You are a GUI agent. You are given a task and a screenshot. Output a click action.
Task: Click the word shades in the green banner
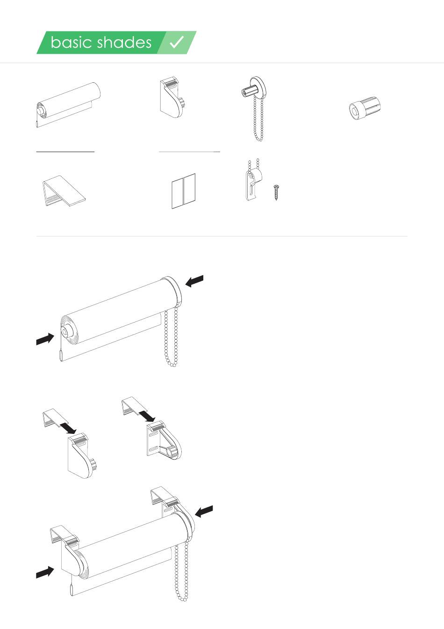tap(124, 43)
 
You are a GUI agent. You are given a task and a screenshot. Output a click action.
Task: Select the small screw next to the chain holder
tap(276, 192)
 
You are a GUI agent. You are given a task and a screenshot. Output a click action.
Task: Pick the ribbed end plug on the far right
tap(365, 108)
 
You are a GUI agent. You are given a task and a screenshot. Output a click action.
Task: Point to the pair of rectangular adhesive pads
tap(183, 191)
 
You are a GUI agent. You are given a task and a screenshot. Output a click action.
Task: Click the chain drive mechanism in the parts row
tap(254, 108)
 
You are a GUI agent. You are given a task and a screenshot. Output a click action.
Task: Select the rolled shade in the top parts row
tap(68, 105)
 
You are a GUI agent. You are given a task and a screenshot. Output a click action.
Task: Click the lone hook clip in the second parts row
tap(64, 190)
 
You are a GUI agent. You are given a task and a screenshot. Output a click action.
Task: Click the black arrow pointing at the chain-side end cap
tap(194, 281)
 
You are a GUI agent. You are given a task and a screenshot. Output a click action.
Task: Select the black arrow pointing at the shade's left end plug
tap(45, 339)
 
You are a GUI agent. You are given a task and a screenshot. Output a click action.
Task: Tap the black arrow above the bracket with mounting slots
tap(148, 416)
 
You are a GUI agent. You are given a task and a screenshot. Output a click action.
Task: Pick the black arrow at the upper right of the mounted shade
tap(204, 511)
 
